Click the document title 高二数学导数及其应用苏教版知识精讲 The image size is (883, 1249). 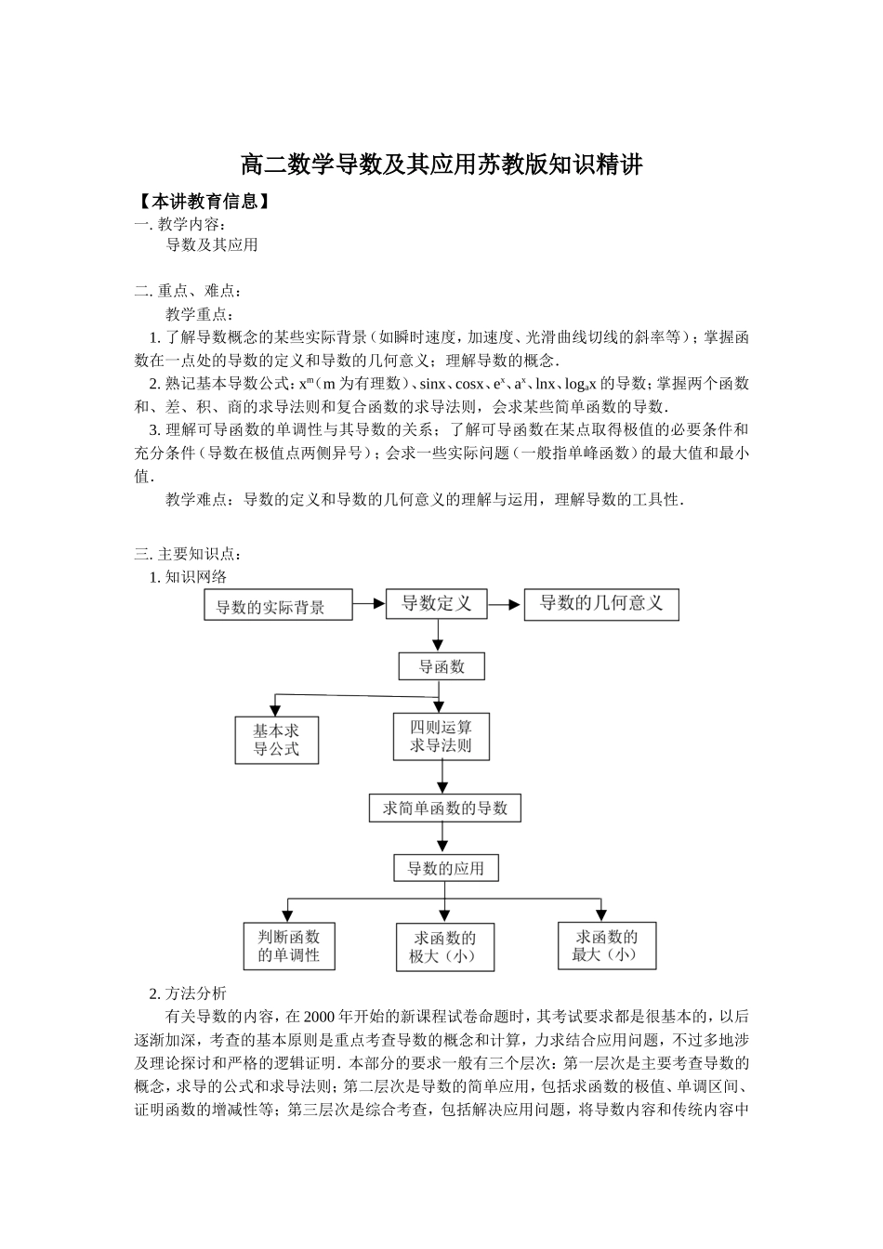tap(441, 165)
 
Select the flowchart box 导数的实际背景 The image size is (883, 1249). tap(279, 606)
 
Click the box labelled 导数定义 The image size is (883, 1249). tap(437, 604)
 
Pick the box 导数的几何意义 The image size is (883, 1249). tap(601, 604)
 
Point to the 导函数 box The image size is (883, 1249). tap(441, 666)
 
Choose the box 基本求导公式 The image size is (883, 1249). tap(276, 740)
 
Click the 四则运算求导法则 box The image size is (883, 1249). tap(441, 736)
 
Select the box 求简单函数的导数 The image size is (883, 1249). tap(445, 808)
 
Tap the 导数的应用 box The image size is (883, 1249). tap(445, 868)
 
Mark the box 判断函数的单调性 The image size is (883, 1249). tap(288, 946)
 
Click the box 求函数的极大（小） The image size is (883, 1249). tap(444, 947)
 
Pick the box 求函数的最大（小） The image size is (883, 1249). tap(606, 945)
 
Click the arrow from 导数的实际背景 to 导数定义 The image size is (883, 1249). tap(369, 604)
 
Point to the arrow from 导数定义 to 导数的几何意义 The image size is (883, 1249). tap(505, 604)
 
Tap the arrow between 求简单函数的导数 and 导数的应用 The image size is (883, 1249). tap(444, 838)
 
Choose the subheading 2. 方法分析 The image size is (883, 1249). tap(188, 993)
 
